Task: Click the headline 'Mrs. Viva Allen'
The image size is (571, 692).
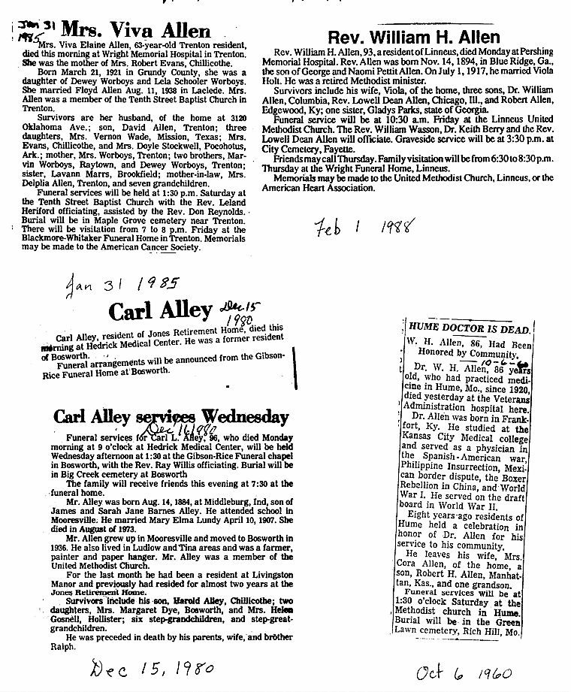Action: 135,31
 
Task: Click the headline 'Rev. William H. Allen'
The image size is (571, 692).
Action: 415,37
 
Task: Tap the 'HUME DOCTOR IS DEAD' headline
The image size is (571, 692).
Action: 470,329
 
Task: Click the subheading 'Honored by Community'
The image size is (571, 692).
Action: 469,352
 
